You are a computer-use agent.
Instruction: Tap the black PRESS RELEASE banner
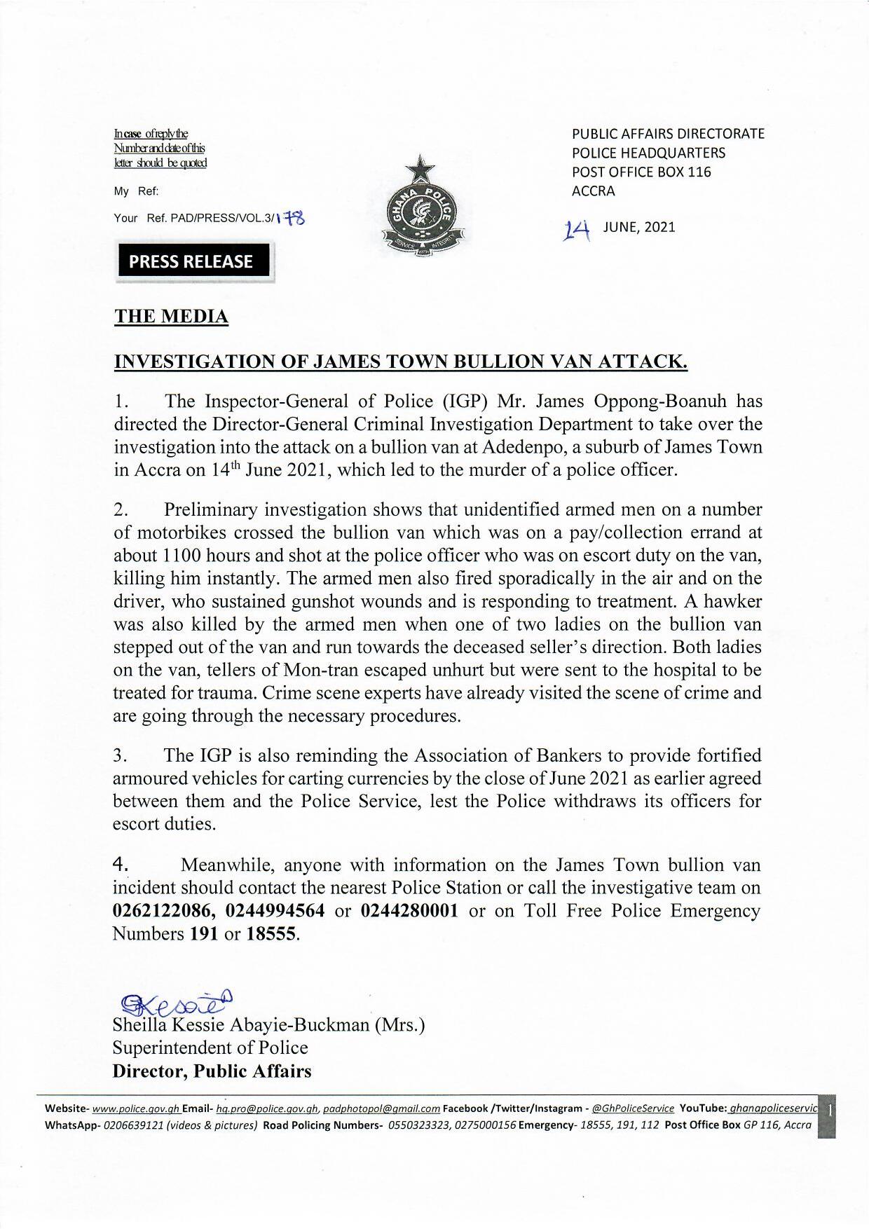click(x=190, y=261)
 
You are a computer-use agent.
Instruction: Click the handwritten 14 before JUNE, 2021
click(x=579, y=228)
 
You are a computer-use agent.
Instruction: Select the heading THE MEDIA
click(x=171, y=317)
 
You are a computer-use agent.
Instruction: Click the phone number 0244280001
click(x=410, y=911)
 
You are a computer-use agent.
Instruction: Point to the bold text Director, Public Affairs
click(x=212, y=1071)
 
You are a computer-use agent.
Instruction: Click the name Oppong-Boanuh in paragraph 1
click(x=652, y=401)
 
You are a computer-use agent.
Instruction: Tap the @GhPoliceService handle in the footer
click(x=633, y=1108)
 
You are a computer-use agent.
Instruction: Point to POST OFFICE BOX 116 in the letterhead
click(x=641, y=172)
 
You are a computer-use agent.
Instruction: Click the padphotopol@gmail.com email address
click(x=381, y=1108)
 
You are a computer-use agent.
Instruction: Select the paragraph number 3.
click(x=120, y=756)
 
